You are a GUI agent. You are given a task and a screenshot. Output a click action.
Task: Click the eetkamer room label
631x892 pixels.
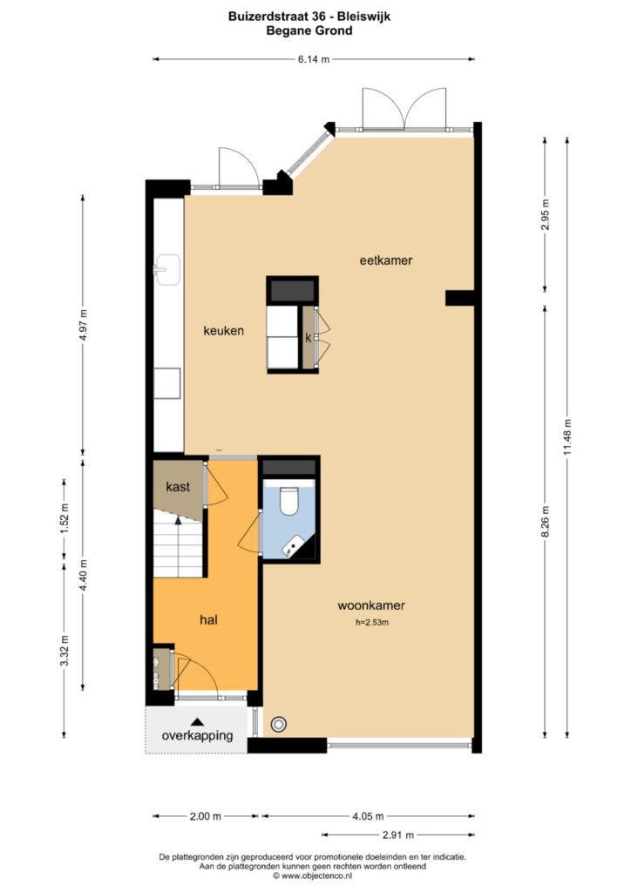386,260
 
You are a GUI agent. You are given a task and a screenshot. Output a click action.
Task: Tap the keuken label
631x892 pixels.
224,330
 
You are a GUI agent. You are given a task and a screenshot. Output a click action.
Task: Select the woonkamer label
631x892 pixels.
371,605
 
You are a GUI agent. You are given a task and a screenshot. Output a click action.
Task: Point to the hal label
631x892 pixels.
208,619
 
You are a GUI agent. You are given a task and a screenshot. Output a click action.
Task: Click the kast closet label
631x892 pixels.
178,486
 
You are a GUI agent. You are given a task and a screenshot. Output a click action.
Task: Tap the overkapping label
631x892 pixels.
197,735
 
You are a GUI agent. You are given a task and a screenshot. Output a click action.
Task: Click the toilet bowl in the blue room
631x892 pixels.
288,501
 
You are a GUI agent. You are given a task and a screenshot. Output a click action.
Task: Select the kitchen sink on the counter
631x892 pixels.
166,270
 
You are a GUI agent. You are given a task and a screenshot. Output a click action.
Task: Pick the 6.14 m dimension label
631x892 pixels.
314,58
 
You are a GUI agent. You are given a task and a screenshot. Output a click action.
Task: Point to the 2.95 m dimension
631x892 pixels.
545,214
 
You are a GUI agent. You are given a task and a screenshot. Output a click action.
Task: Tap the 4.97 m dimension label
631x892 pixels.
83,326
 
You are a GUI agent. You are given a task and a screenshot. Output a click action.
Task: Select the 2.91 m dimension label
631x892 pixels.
397,835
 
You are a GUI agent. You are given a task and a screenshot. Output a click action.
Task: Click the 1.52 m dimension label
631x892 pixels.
64,516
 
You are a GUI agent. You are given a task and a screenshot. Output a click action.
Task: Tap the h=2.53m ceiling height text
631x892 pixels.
372,622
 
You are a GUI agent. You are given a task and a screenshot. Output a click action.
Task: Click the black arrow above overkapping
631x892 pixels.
197,721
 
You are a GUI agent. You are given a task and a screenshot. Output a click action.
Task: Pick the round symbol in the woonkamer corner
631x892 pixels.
278,724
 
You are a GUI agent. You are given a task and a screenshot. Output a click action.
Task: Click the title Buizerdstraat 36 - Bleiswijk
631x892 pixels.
309,17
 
